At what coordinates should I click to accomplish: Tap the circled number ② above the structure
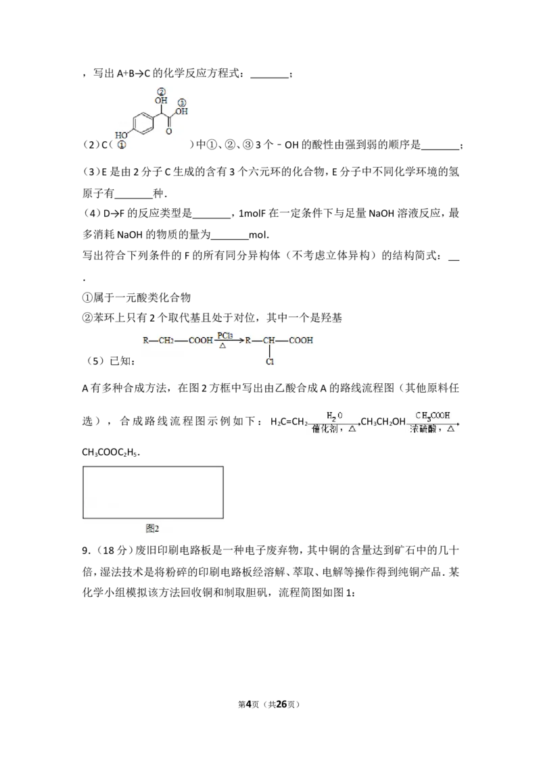pyautogui.click(x=161, y=92)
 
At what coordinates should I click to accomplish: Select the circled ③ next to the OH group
pyautogui.click(x=182, y=103)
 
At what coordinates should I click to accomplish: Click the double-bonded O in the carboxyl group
pyautogui.click(x=169, y=130)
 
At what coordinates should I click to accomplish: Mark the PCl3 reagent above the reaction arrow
pyautogui.click(x=225, y=336)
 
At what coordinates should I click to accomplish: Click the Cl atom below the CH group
pyautogui.click(x=270, y=362)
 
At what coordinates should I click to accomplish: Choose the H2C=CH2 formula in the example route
pyautogui.click(x=289, y=422)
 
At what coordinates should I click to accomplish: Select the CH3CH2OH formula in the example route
pyautogui.click(x=383, y=422)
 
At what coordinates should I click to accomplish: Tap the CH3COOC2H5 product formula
pyautogui.click(x=110, y=452)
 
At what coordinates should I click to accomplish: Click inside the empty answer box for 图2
pyautogui.click(x=153, y=492)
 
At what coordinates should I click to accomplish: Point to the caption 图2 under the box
pyautogui.click(x=152, y=528)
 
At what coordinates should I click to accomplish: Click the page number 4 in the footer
pyautogui.click(x=249, y=704)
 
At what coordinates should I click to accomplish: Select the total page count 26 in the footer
pyautogui.click(x=281, y=704)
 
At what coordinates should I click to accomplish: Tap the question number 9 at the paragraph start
pyautogui.click(x=85, y=551)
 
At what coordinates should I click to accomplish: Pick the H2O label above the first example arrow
pyautogui.click(x=335, y=416)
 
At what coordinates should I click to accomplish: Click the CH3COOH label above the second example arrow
pyautogui.click(x=433, y=416)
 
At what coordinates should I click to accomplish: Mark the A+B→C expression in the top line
pyautogui.click(x=133, y=74)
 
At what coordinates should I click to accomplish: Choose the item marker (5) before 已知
pyautogui.click(x=95, y=361)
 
